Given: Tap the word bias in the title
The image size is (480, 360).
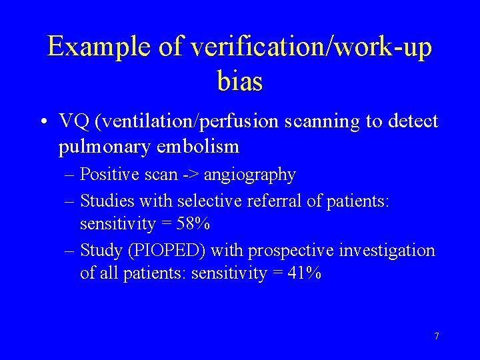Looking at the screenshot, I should (240, 82).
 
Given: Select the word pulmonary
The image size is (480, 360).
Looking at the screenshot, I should (99, 145).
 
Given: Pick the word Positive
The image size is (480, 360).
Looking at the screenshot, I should (105, 175).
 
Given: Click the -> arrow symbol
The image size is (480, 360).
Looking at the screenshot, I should (191, 175).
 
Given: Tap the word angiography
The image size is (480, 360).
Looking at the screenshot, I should (250, 175).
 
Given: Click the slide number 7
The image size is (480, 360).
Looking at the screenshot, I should (436, 336).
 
